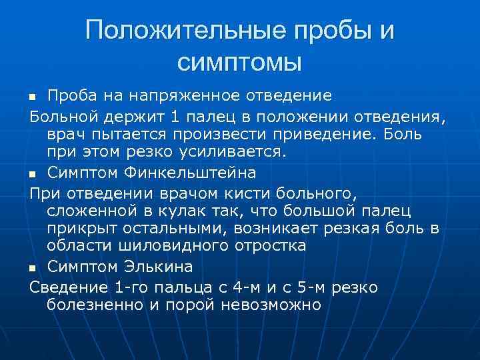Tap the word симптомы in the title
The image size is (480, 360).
pyautogui.click(x=240, y=63)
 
